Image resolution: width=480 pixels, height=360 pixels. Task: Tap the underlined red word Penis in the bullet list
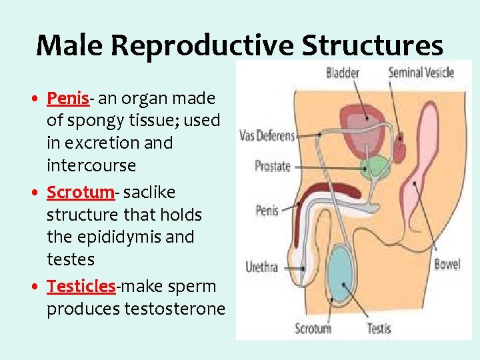(x=67, y=99)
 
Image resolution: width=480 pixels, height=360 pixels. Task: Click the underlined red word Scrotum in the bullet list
(x=80, y=193)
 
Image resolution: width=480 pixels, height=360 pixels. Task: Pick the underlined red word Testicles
(x=81, y=287)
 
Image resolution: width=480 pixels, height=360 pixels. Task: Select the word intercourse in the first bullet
(x=91, y=165)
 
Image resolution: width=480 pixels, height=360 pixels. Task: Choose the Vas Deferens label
(x=267, y=136)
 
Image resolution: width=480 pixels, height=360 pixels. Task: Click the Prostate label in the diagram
(x=273, y=166)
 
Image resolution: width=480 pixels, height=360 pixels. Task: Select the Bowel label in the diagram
(x=447, y=264)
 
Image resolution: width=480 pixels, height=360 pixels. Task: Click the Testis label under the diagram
(x=379, y=328)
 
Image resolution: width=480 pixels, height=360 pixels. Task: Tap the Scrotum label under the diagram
(x=313, y=328)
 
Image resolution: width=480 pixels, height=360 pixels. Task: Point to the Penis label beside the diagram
(x=267, y=211)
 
